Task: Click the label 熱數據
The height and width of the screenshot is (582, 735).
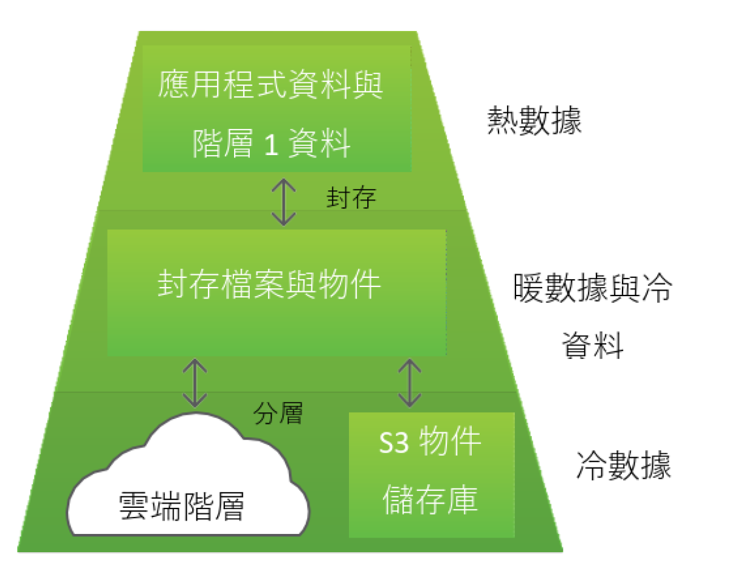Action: [x=534, y=122]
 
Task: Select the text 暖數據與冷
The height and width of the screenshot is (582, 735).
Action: [x=592, y=289]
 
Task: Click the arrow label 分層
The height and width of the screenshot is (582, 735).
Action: [x=278, y=414]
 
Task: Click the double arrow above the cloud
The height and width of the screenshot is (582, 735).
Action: [x=195, y=383]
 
